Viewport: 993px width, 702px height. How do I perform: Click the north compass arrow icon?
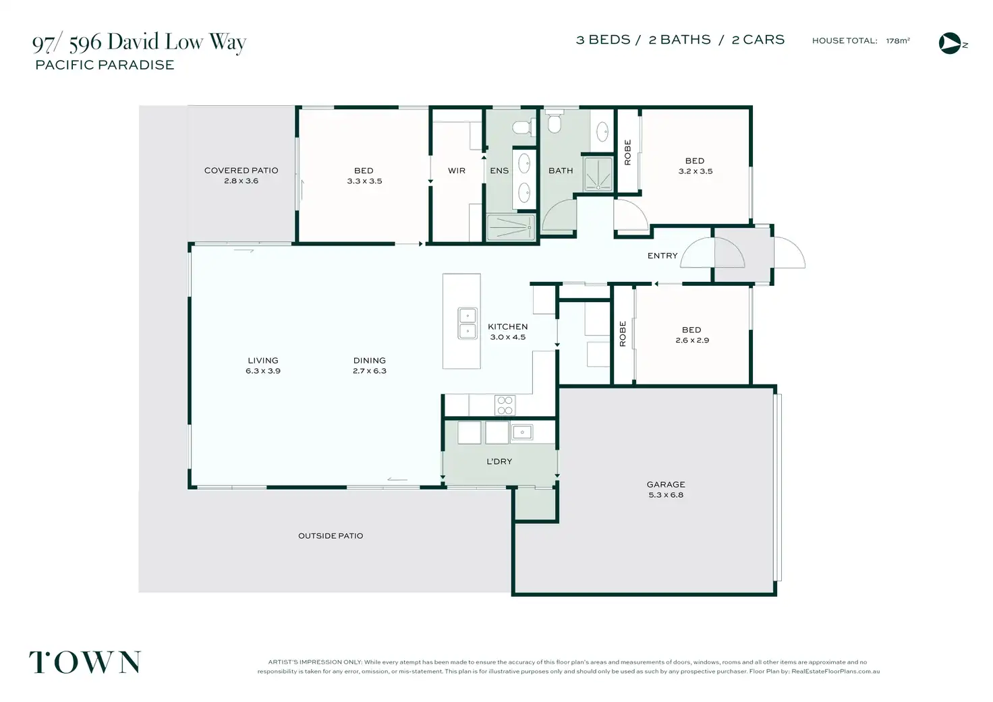coord(950,43)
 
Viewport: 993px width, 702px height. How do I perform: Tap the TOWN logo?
coord(85,662)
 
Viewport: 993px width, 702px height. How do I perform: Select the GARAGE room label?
coord(666,484)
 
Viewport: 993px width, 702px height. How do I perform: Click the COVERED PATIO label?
coord(241,170)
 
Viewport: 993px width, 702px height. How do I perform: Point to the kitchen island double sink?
coord(467,324)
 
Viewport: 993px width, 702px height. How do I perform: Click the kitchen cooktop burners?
coord(505,405)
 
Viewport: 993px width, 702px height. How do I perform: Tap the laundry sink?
coord(521,432)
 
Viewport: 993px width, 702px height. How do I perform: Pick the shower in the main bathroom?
coord(598,174)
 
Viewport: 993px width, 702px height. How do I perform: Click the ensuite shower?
coord(511,227)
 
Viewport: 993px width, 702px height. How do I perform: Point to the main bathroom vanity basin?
coord(602,131)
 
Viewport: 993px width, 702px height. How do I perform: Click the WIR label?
coord(457,171)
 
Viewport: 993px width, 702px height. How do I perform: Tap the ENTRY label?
coord(662,256)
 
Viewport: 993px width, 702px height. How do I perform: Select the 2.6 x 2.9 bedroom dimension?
coord(692,341)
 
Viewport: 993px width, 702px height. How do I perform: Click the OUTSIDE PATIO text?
coord(331,536)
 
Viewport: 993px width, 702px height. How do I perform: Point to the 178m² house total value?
coord(898,40)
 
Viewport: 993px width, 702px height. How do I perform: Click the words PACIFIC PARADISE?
coord(105,65)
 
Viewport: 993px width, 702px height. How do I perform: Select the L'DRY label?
coord(499,461)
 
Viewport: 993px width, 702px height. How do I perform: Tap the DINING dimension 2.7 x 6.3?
coord(370,371)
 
